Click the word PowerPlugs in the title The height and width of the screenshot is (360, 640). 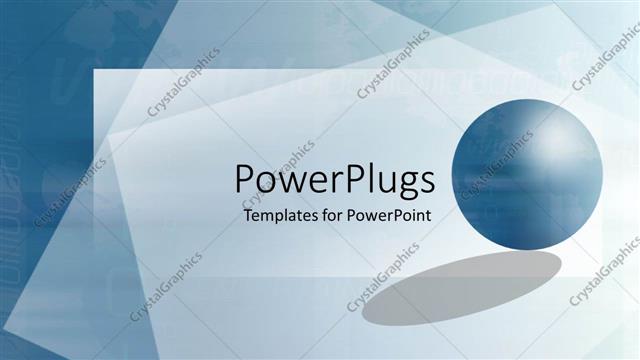pyautogui.click(x=335, y=181)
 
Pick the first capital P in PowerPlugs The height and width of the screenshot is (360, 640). pyautogui.click(x=245, y=180)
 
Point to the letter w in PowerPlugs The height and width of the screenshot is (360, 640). pyautogui.click(x=290, y=183)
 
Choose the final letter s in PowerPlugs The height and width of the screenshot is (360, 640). pyautogui.click(x=427, y=183)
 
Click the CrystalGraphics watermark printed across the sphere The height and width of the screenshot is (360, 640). pyautogui.click(x=497, y=165)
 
